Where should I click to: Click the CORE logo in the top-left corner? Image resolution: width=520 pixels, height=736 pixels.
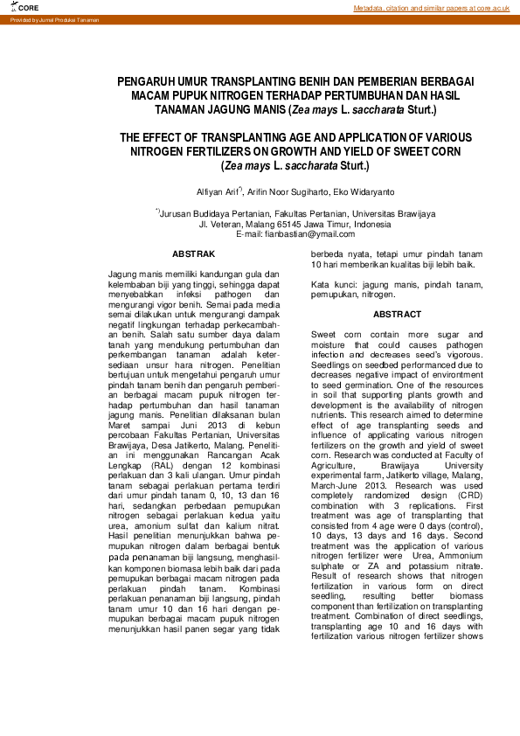16,7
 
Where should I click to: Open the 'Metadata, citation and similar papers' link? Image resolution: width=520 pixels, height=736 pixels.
431,8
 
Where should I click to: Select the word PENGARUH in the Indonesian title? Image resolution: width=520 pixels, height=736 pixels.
149,81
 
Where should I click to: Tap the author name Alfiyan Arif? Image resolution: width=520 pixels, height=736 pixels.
218,191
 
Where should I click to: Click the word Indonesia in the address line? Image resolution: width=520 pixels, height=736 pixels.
367,225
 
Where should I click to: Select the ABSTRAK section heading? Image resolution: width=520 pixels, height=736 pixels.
194,254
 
